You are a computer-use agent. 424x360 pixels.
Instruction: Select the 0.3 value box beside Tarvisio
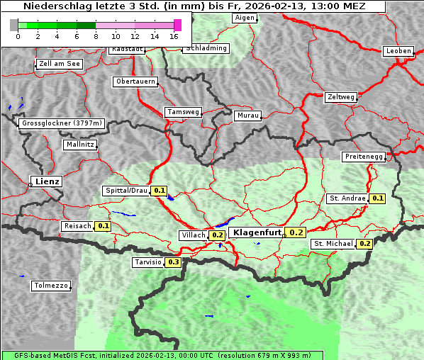coord(174,262)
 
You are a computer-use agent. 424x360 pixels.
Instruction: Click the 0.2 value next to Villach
coord(218,235)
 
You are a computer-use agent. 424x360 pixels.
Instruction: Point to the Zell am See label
coord(60,64)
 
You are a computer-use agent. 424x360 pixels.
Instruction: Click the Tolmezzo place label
coord(52,286)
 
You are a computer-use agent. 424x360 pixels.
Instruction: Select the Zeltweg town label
coord(341,96)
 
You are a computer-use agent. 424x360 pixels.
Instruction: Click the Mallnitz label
coord(79,145)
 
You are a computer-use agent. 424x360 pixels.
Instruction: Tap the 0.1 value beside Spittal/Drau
coord(160,191)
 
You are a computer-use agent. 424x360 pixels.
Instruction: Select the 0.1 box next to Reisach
coord(104,226)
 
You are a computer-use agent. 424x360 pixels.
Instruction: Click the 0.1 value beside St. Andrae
coord(377,198)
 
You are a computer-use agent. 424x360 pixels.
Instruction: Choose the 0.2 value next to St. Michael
coord(365,244)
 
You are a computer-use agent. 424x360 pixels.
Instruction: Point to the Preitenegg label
coord(364,157)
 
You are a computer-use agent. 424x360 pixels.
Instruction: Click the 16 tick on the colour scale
coord(174,36)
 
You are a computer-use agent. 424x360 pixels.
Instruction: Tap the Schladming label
coord(206,48)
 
